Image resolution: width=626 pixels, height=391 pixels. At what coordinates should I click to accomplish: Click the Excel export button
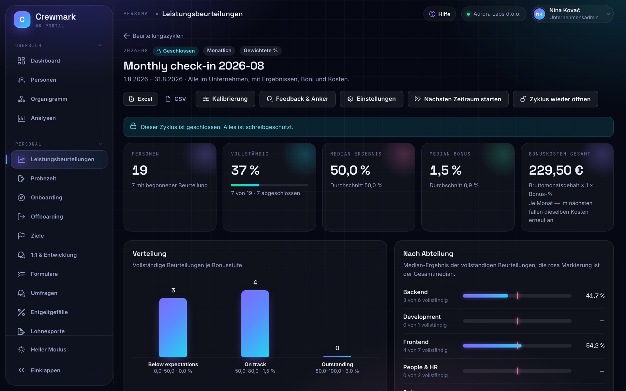pyautogui.click(x=140, y=99)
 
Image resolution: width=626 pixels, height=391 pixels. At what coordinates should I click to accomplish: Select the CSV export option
pyautogui.click(x=176, y=99)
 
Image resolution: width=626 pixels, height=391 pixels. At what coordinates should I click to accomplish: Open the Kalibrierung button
pyautogui.click(x=225, y=99)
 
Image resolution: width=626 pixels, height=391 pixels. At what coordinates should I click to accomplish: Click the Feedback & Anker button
pyautogui.click(x=297, y=99)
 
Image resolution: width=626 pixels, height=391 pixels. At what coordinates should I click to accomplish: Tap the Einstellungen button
pyautogui.click(x=371, y=99)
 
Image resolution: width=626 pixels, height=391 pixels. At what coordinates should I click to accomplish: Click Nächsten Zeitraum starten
pyautogui.click(x=458, y=99)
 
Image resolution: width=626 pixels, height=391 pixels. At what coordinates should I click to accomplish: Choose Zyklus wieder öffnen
pyautogui.click(x=555, y=99)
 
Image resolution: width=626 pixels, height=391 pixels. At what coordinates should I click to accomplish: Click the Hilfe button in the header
pyautogui.click(x=440, y=14)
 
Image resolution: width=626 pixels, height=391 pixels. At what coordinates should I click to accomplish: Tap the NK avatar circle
pyautogui.click(x=539, y=14)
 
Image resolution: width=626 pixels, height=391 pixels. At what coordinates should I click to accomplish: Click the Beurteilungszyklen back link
pyautogui.click(x=154, y=36)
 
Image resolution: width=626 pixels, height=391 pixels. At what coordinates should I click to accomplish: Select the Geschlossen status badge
pyautogui.click(x=176, y=51)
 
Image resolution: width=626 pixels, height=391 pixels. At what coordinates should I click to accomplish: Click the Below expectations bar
pyautogui.click(x=173, y=327)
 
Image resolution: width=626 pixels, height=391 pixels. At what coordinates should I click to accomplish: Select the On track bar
pyautogui.click(x=255, y=324)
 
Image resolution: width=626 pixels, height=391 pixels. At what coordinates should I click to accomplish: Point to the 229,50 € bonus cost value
pyautogui.click(x=556, y=170)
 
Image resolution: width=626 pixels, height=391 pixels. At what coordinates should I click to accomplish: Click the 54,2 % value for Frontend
pyautogui.click(x=595, y=346)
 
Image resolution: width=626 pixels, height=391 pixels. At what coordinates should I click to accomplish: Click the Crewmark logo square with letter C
pyautogui.click(x=22, y=20)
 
